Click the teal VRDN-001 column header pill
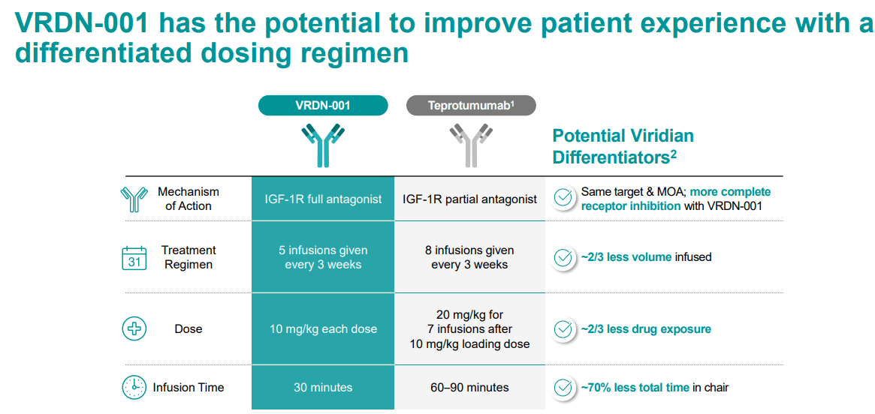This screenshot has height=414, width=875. click(323, 106)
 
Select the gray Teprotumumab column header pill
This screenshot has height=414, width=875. click(471, 106)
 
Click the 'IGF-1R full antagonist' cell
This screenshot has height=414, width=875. click(323, 199)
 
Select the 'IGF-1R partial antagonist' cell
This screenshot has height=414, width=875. click(469, 199)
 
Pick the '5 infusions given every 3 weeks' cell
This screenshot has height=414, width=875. click(323, 257)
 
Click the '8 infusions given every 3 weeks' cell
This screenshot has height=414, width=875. click(469, 257)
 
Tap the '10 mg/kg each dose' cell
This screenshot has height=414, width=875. click(323, 329)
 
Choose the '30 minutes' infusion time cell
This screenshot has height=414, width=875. click(323, 388)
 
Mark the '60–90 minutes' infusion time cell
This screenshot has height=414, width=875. click(469, 388)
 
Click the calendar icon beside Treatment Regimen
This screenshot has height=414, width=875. click(134, 257)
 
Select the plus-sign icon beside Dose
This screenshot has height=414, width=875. click(134, 328)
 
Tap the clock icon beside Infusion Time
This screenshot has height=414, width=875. click(134, 387)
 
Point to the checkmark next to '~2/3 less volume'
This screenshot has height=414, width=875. click(563, 257)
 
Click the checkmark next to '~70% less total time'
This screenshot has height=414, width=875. click(563, 388)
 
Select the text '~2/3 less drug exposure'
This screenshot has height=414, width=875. click(646, 329)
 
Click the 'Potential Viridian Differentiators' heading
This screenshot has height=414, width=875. click(623, 146)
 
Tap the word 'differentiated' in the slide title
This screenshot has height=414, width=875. click(94, 54)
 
